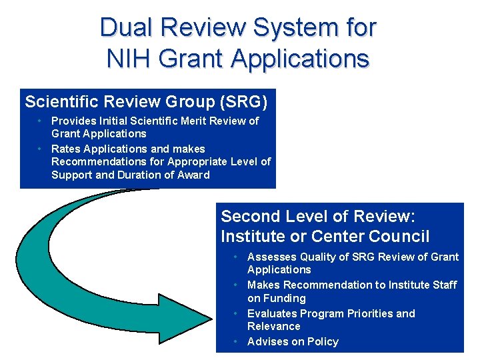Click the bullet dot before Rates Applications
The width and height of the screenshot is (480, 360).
click(x=41, y=149)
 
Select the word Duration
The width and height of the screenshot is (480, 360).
click(x=142, y=175)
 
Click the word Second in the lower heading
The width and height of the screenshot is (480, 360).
click(x=249, y=217)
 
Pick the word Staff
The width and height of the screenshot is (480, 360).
click(x=443, y=285)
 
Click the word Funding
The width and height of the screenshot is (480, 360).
click(x=285, y=298)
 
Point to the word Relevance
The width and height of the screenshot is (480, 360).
click(x=273, y=326)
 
